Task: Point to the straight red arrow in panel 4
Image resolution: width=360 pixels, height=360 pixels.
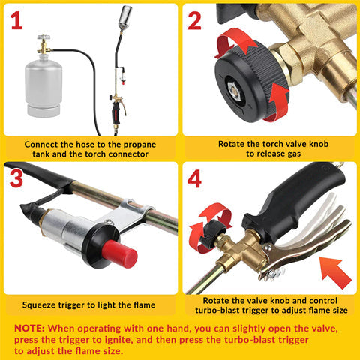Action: pyautogui.click(x=334, y=269)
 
